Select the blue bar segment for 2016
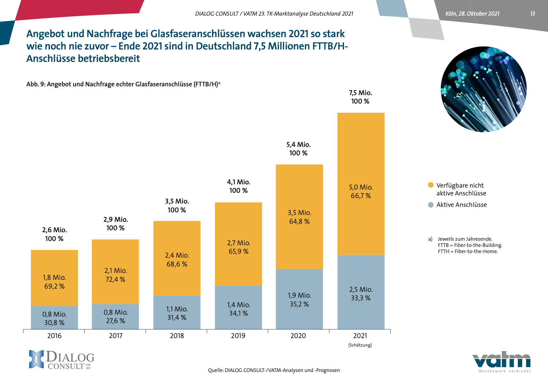tap(54, 318)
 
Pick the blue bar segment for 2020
tap(299, 299)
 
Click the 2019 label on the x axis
tap(238, 336)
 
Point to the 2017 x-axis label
tap(116, 336)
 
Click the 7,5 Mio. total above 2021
tap(360, 93)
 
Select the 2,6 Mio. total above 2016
tap(54, 230)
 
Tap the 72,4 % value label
tap(115, 279)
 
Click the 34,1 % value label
tap(238, 313)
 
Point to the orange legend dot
tap(431, 185)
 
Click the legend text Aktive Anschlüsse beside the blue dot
tap(461, 205)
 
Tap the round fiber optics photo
tap(483, 89)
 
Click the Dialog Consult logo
tap(62, 360)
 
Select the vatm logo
tap(501, 361)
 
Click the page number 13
tap(532, 14)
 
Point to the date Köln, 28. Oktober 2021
tap(472, 14)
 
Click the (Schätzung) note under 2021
tap(360, 345)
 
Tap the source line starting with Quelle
tap(274, 370)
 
